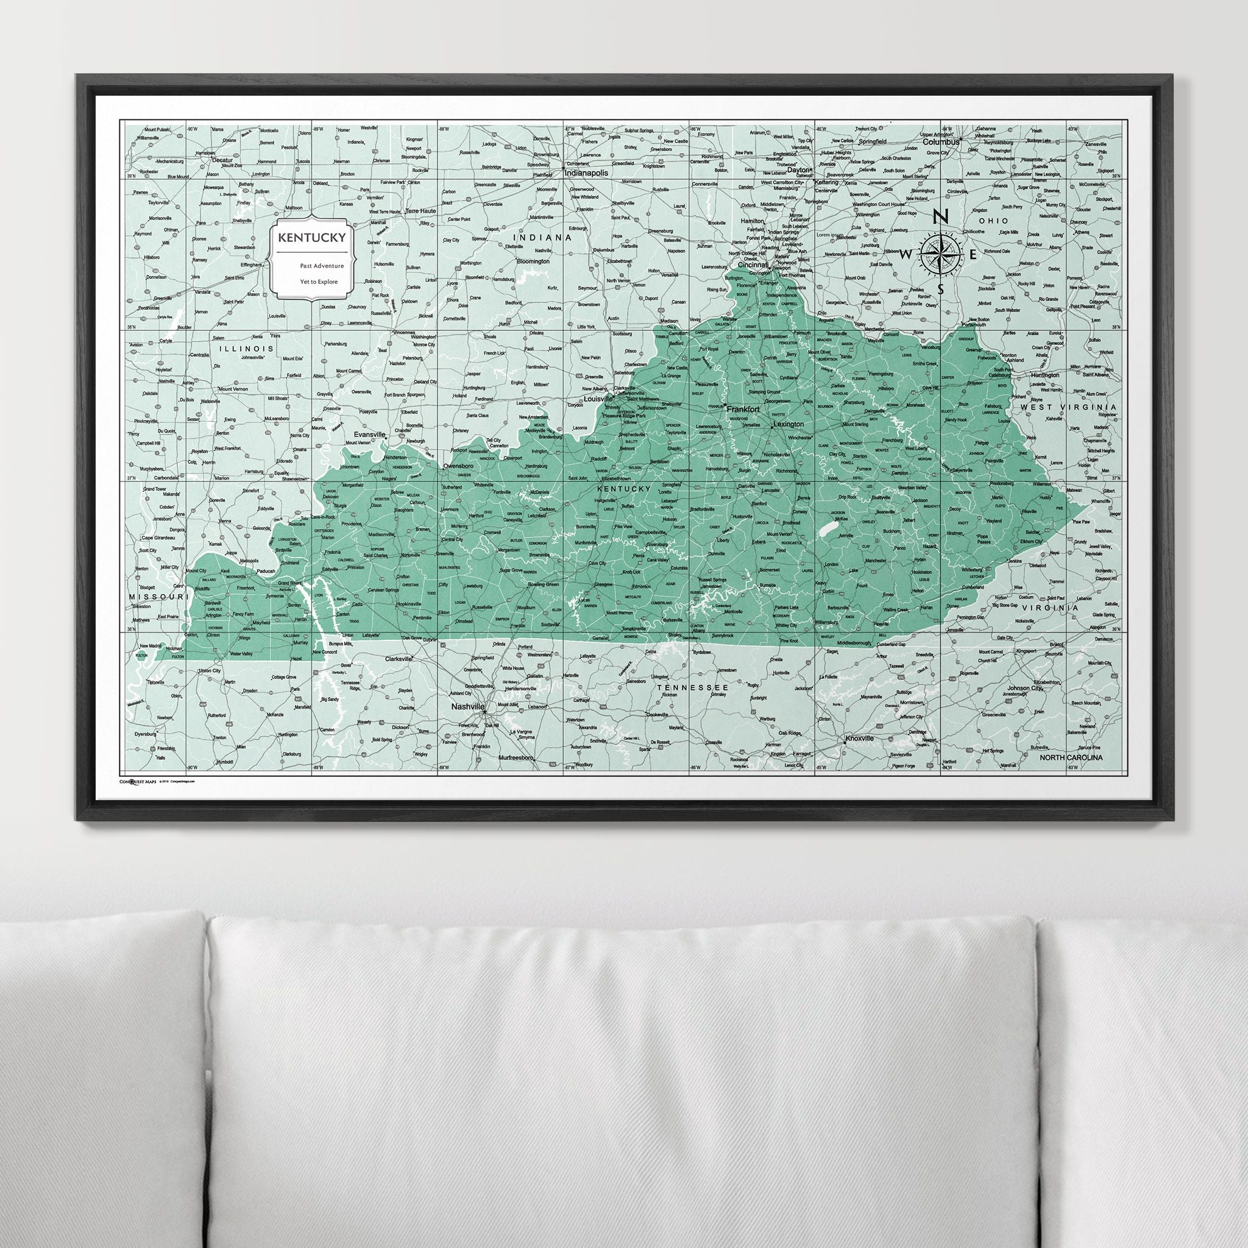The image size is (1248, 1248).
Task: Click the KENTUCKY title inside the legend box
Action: [311, 237]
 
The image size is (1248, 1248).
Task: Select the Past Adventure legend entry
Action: [321, 266]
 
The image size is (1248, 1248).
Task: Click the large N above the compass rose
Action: [943, 218]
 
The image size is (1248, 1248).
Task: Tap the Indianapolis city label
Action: [587, 174]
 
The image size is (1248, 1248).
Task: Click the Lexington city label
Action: [788, 424]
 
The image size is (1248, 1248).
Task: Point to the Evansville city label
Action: [369, 435]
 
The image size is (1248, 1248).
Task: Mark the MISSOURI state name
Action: [158, 596]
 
